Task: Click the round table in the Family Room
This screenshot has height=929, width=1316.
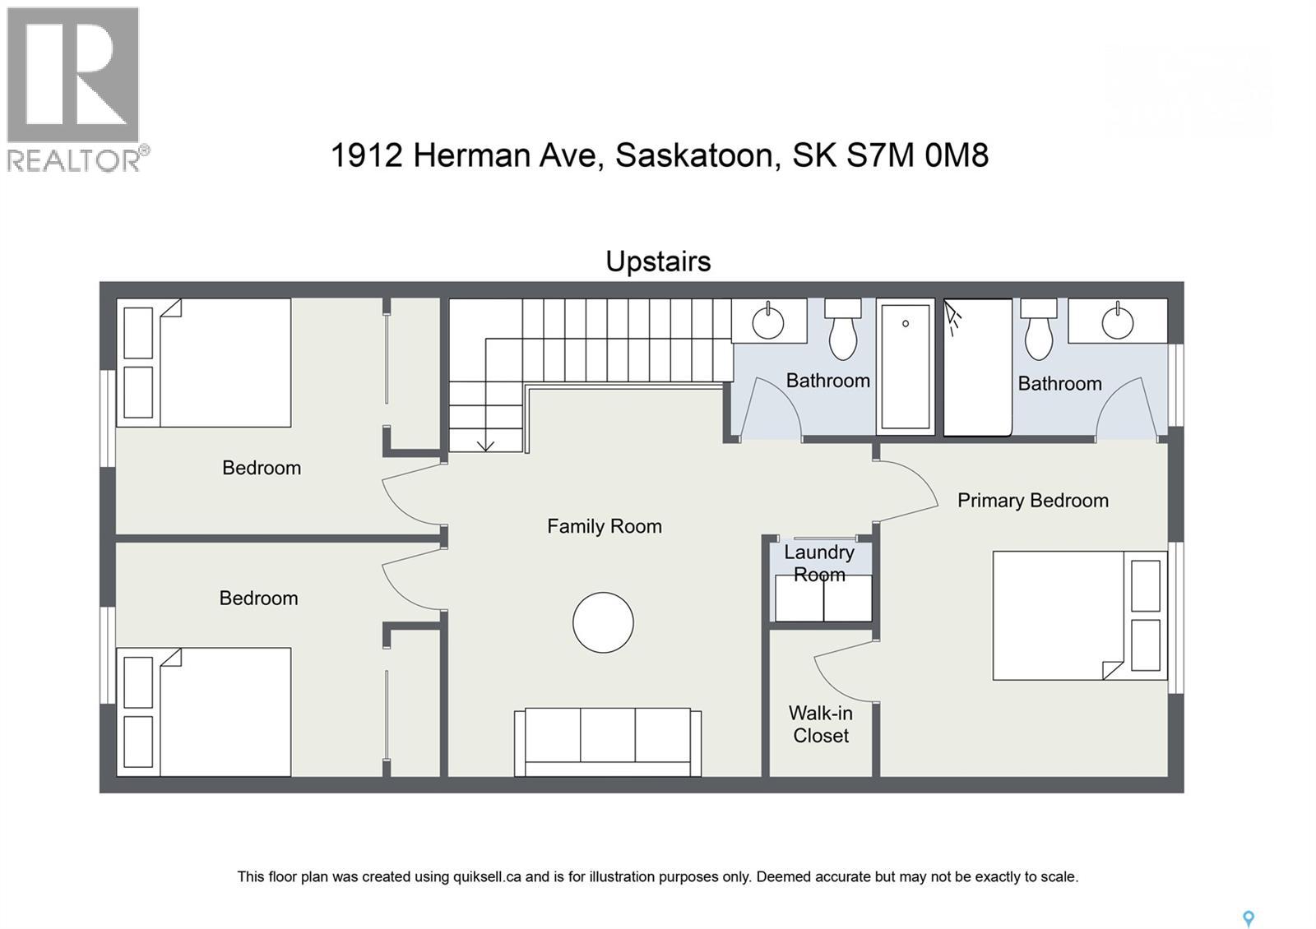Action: tap(603, 622)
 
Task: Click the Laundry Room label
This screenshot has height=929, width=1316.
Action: tap(819, 563)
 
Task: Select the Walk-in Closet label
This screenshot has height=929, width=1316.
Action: tap(821, 724)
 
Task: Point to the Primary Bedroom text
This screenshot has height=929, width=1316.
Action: tap(1032, 501)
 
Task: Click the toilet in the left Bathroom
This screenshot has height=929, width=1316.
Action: tap(842, 330)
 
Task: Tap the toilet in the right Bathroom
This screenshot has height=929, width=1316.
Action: tap(1038, 330)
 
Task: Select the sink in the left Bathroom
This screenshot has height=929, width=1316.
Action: tap(768, 321)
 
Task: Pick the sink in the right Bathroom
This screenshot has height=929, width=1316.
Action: tap(1117, 321)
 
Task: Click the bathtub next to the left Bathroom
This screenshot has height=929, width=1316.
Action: tap(906, 366)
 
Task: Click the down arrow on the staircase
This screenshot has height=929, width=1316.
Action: tap(485, 444)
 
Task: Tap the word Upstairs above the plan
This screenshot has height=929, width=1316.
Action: tap(658, 261)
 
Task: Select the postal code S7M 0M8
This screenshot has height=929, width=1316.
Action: tap(917, 155)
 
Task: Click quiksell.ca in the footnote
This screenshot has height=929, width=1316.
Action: tap(487, 876)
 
